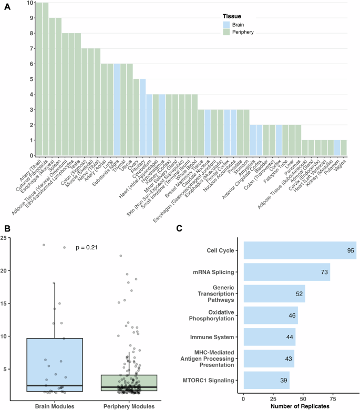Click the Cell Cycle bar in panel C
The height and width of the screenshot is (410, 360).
pyautogui.click(x=300, y=250)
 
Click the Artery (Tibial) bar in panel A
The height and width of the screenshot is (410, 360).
pyautogui.click(x=39, y=79)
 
